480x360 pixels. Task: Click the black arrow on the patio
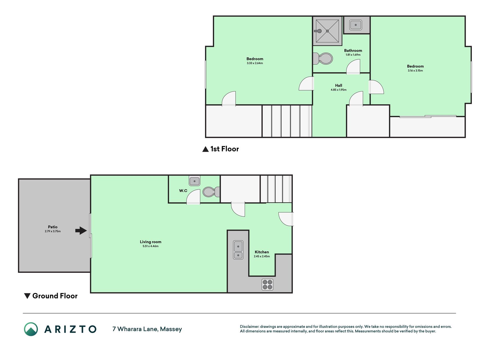81,231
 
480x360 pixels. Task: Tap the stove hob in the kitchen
267,284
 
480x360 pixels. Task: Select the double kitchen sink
238,250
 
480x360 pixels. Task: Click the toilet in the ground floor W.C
211,192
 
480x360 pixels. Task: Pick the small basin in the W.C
195,181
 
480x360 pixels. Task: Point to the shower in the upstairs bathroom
327,31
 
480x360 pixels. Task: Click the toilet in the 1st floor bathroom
323,58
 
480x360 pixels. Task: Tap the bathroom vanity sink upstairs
356,25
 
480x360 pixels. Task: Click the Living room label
151,242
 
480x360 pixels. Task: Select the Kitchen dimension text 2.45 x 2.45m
262,256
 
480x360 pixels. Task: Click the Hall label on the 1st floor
339,85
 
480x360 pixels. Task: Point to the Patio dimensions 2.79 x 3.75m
53,231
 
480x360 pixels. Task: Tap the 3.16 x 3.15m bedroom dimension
415,71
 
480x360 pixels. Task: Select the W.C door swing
193,197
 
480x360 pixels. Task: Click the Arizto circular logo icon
31,329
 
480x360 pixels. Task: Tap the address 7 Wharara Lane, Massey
147,329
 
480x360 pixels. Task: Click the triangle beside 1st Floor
206,149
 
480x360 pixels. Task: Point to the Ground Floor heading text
55,296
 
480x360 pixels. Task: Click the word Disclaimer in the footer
249,327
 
